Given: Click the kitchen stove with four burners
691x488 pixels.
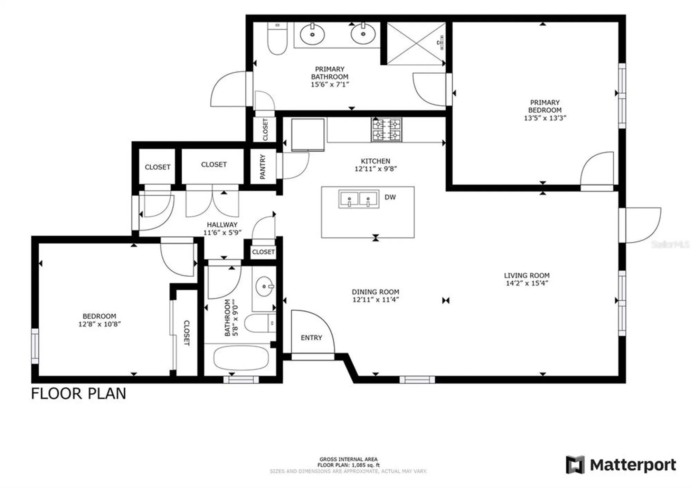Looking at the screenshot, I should (x=386, y=130).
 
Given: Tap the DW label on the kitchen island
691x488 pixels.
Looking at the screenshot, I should (x=390, y=197).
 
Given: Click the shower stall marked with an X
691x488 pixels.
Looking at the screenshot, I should (x=416, y=44).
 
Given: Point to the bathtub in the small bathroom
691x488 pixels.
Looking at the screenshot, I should (x=241, y=358).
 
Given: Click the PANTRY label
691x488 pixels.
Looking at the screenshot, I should (x=263, y=167).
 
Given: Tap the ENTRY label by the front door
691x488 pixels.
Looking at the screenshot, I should (x=311, y=338).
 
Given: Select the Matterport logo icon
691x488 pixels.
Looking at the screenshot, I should (x=575, y=464).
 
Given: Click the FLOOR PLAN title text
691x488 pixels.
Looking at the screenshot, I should (x=78, y=394).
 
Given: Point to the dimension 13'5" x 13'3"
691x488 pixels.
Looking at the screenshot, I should (x=545, y=118).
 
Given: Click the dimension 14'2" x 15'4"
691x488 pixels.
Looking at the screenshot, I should (x=527, y=283).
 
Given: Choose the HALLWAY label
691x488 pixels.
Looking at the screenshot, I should (x=222, y=225).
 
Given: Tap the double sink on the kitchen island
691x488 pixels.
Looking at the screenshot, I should (x=359, y=199).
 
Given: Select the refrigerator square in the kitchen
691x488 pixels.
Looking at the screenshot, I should (x=307, y=135).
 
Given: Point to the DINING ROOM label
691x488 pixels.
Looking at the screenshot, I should (x=375, y=292).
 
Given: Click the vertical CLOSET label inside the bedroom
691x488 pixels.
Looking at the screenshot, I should (x=186, y=332).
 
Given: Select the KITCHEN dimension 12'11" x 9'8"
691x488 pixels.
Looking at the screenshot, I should (x=376, y=169).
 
